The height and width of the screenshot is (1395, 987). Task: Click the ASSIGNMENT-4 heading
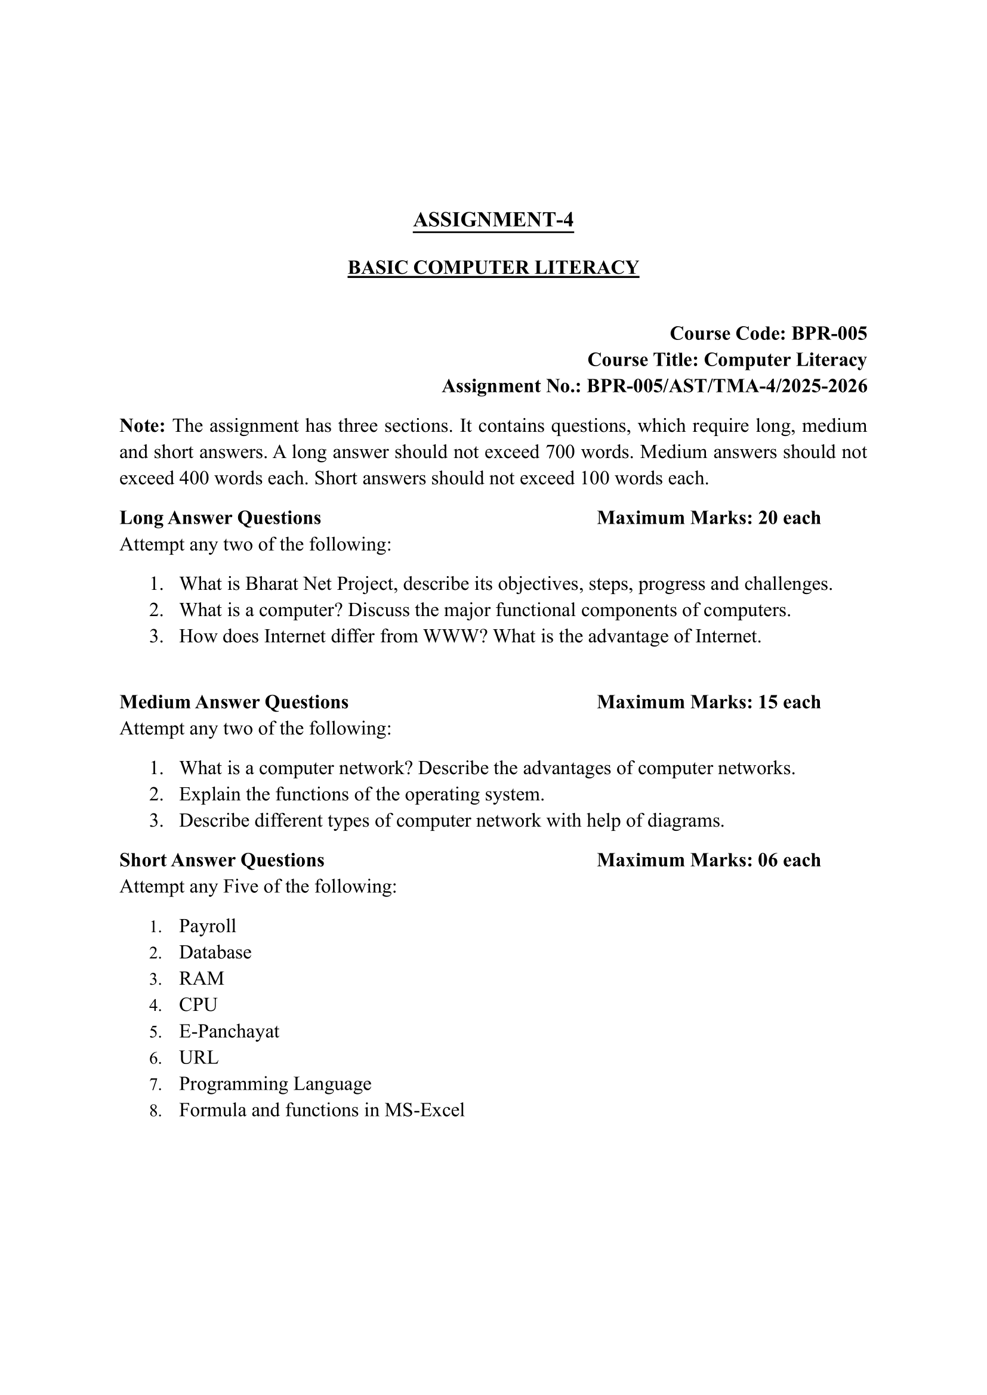point(493,220)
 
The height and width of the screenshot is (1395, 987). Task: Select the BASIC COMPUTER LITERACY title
point(493,267)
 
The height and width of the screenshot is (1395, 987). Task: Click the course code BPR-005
point(829,333)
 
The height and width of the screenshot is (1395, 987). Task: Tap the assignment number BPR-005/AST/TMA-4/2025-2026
point(726,386)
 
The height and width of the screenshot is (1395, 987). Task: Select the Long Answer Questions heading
point(220,518)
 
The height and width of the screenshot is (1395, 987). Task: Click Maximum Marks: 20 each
point(709,518)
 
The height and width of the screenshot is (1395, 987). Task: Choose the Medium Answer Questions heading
point(234,702)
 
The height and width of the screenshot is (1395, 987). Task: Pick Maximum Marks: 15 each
point(709,702)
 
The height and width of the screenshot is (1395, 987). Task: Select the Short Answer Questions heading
point(222,860)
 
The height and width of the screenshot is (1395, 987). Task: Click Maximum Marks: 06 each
point(709,860)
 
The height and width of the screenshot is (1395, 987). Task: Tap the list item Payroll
point(207,926)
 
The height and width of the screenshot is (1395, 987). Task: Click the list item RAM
point(201,978)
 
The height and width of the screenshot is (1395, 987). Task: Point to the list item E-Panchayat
point(229,1031)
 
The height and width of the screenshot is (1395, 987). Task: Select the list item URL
point(199,1058)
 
